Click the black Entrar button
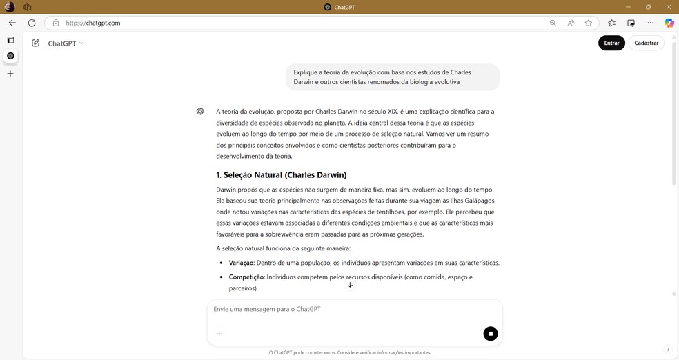coord(611,43)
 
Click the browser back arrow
coord(12,23)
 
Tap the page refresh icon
coord(32,23)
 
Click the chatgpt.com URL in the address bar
coord(93,23)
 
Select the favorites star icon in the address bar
coord(589,23)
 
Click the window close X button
coord(668,7)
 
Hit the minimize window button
coord(628,7)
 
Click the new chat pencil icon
coord(35,43)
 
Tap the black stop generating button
coord(491,334)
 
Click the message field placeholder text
coord(267,309)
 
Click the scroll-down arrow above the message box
coord(350,285)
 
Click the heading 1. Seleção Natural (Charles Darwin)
coord(281,174)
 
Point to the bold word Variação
coord(241,263)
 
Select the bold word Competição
coord(246,277)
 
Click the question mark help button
coord(667,350)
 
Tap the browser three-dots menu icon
coord(650,23)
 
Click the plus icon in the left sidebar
coord(10,73)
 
